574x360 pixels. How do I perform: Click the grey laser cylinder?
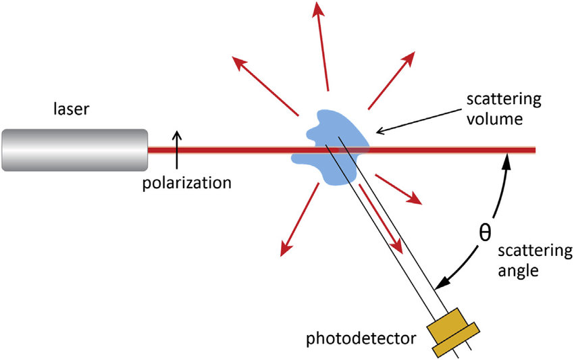click(74, 149)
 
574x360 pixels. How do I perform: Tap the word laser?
click(71, 108)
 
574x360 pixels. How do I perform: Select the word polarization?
click(187, 182)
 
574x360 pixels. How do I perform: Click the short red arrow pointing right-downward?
click(399, 189)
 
